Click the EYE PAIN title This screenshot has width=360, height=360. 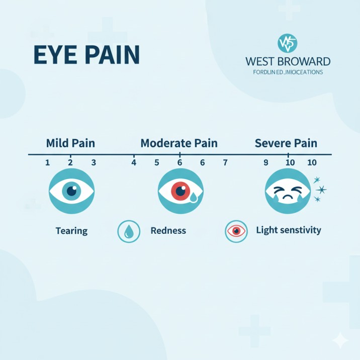coord(86,56)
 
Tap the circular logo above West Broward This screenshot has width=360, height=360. coord(288,44)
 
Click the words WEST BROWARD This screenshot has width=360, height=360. coord(288,62)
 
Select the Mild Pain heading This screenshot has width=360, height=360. coord(70,143)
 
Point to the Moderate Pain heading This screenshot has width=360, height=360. coord(179,143)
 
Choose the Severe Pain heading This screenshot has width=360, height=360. coord(286,143)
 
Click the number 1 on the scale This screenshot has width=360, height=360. coord(47,162)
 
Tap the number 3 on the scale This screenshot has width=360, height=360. coord(94,162)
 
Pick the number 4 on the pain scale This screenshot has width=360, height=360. coord(134,162)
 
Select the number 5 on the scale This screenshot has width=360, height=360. coord(157,162)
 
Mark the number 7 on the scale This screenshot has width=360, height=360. coord(225,162)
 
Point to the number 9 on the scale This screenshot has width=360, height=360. coord(266,162)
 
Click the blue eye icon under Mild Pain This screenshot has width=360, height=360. coord(71,191)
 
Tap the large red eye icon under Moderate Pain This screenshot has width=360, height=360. coord(181,191)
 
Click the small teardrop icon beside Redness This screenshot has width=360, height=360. coord(129,231)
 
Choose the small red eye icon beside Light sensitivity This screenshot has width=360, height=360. coord(236,231)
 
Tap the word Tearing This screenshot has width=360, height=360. coord(71,231)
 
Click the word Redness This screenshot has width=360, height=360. coord(168,231)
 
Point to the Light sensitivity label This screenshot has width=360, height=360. coord(289,230)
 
